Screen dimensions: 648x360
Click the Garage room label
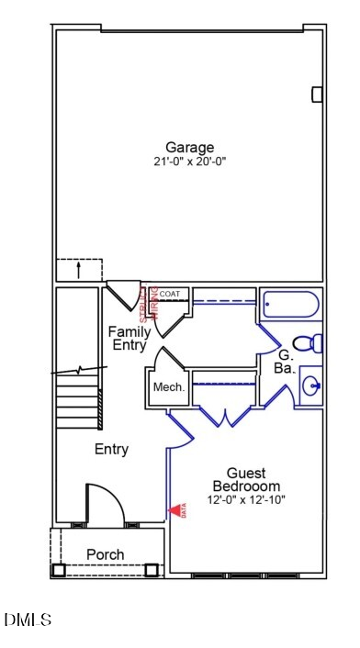point(189,147)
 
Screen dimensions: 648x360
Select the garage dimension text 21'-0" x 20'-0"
point(189,162)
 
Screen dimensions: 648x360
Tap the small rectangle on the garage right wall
point(317,94)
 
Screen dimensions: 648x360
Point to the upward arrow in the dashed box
point(79,270)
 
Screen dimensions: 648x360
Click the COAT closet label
point(170,294)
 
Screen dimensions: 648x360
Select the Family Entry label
point(129,338)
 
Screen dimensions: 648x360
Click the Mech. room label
point(168,387)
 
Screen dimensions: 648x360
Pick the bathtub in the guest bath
point(289,304)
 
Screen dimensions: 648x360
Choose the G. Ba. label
point(284,361)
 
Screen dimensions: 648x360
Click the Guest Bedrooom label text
point(246,479)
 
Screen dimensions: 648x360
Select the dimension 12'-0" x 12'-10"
point(246,499)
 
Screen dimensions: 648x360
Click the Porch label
point(106,554)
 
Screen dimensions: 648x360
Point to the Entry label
point(111,449)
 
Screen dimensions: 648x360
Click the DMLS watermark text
point(28,620)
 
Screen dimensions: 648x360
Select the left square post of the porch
point(59,570)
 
